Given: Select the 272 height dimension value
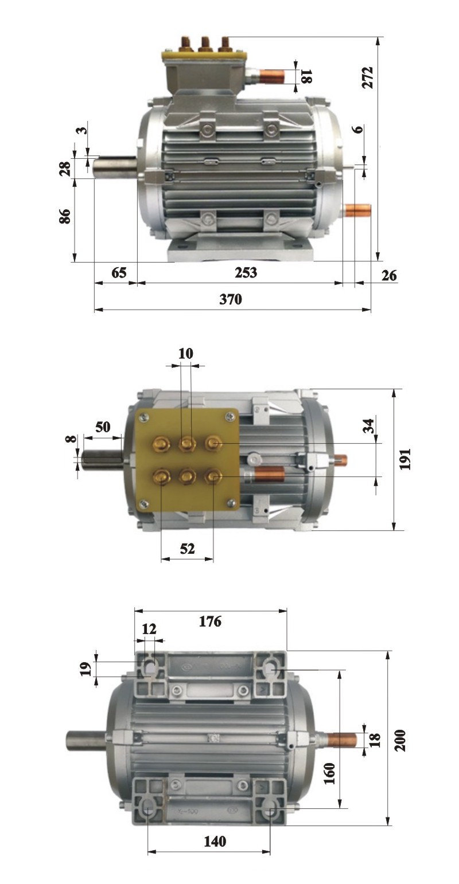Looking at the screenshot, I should point(368,77).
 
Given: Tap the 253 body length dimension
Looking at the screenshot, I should point(245,272).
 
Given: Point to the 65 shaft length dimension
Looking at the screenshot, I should point(119,272).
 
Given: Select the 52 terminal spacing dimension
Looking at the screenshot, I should point(187,549).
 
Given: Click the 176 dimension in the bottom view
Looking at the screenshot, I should point(210,621).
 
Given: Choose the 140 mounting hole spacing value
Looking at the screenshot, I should point(215,842).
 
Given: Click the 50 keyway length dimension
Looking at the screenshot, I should point(103,427).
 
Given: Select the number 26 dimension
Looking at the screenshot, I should point(389,276).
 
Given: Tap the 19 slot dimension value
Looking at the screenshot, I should point(85,667).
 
